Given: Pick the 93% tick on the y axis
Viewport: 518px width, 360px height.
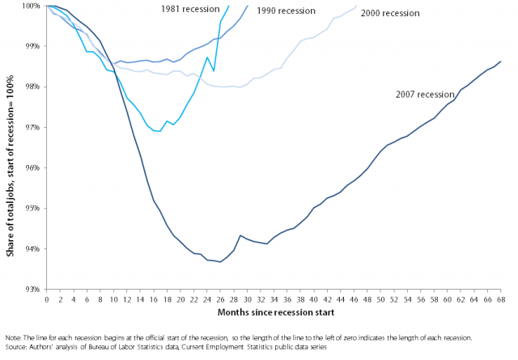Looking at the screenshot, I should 32,289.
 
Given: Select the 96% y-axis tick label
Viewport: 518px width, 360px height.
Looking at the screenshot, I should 32,167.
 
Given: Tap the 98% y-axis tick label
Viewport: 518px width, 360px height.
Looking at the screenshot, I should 32,87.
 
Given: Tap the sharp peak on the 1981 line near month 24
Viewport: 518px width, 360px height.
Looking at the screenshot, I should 207,57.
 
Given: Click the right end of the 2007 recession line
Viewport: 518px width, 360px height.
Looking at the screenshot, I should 500,61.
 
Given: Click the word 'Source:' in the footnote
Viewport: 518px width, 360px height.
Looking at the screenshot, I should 17,345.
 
